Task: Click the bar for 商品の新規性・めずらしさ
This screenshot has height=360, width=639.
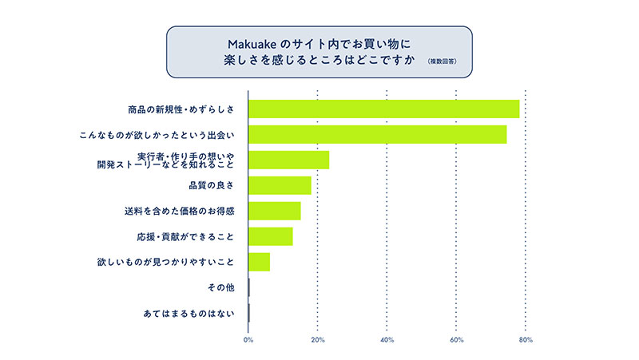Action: [x=384, y=109]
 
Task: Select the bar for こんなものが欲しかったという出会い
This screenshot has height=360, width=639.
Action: [x=378, y=134]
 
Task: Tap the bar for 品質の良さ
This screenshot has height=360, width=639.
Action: [x=280, y=185]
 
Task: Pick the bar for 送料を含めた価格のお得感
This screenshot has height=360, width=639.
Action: [x=275, y=211]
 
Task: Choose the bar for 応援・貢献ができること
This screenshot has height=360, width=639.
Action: [x=271, y=236]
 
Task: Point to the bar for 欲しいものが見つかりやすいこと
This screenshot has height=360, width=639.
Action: [x=260, y=262]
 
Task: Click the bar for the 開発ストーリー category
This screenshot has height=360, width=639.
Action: [x=289, y=160]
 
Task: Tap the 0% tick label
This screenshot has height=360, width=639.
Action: [x=248, y=341]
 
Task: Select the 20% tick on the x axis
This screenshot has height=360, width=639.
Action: [x=318, y=341]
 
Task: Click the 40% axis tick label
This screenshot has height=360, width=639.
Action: [x=387, y=341]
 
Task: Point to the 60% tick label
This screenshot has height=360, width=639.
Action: [x=457, y=341]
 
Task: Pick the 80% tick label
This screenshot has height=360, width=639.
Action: [x=526, y=341]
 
